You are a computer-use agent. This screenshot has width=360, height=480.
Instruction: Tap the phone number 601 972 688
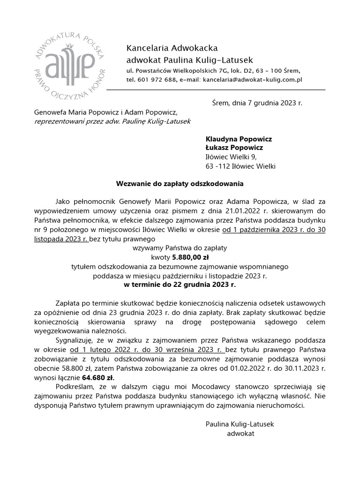[x=156, y=80]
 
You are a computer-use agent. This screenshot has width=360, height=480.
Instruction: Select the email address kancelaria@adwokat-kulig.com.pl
[x=252, y=80]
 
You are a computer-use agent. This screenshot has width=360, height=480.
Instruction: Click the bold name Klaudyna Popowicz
[x=239, y=139]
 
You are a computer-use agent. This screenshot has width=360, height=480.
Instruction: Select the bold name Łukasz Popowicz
[x=234, y=148]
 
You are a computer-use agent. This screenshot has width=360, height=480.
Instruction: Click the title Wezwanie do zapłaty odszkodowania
[x=180, y=184]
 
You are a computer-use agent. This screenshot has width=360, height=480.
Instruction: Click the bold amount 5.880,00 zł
[x=190, y=257]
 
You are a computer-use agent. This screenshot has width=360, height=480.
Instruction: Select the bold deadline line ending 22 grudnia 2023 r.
[x=180, y=285]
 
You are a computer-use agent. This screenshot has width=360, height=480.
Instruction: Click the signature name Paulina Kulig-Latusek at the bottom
[x=240, y=424]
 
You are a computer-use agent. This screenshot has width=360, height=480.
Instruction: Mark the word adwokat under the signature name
[x=240, y=434]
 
